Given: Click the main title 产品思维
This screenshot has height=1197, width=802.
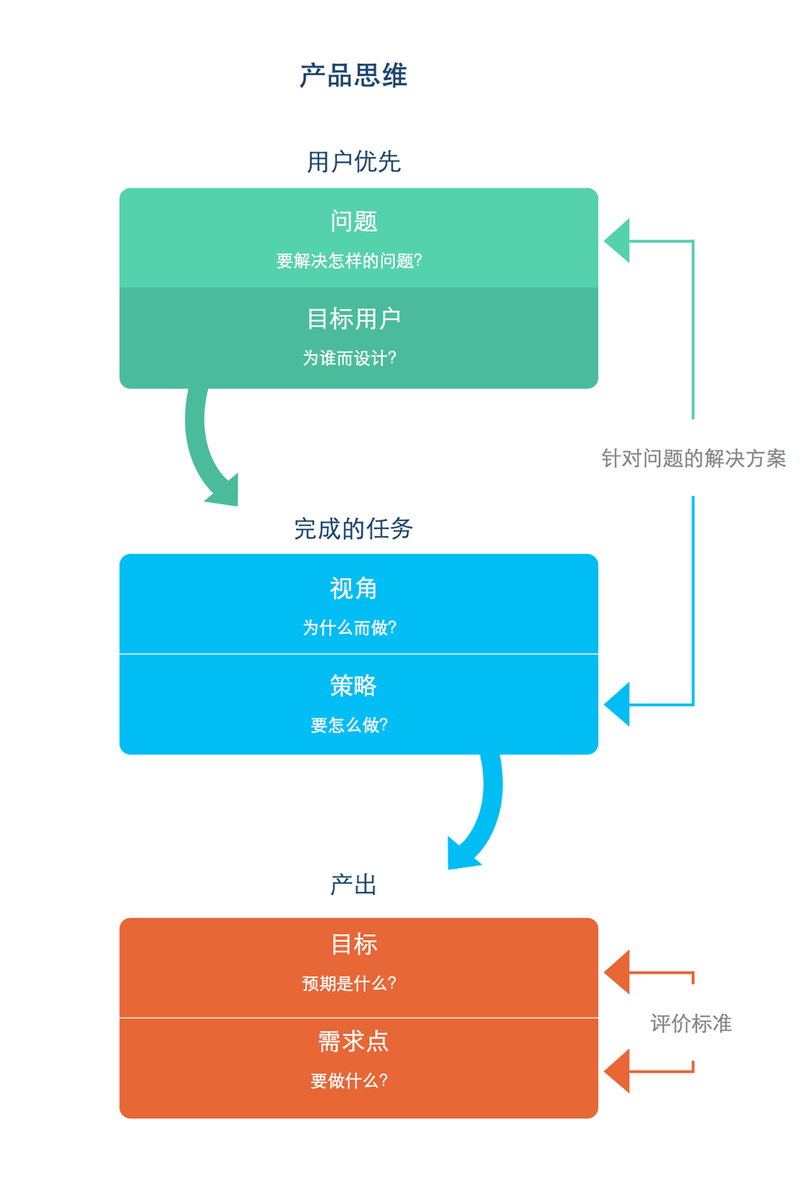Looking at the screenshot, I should (x=354, y=76).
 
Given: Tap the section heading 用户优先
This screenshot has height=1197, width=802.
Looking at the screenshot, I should (x=354, y=162).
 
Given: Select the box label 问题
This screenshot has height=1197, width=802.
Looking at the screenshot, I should (x=354, y=222).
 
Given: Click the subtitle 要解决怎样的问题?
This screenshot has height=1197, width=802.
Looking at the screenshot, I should (x=349, y=261).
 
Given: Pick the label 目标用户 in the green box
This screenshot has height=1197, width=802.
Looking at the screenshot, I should (x=354, y=318).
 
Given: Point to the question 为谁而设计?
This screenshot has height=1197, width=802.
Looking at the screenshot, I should (x=349, y=358).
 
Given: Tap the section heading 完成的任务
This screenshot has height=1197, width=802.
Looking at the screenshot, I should (x=354, y=529).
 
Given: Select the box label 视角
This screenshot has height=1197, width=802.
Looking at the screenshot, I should (x=354, y=588).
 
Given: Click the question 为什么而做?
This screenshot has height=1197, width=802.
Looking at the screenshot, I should (x=349, y=628).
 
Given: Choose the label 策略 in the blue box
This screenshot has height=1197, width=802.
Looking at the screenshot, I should (x=354, y=686).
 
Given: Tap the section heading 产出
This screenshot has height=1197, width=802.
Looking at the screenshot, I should (x=354, y=885).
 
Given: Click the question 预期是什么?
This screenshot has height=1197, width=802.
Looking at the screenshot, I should (x=349, y=983).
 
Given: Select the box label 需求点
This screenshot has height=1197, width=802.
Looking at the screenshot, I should (x=354, y=1042).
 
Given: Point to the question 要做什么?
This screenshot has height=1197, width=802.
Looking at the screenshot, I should (x=349, y=1081).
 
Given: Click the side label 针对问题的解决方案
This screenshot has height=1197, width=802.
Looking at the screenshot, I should (x=693, y=458).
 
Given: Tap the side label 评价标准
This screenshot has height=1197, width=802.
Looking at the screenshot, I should (x=691, y=1024).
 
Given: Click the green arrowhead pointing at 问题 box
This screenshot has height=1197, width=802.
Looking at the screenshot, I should (x=620, y=241).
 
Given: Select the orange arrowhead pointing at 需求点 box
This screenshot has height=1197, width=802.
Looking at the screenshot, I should (x=620, y=1071).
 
